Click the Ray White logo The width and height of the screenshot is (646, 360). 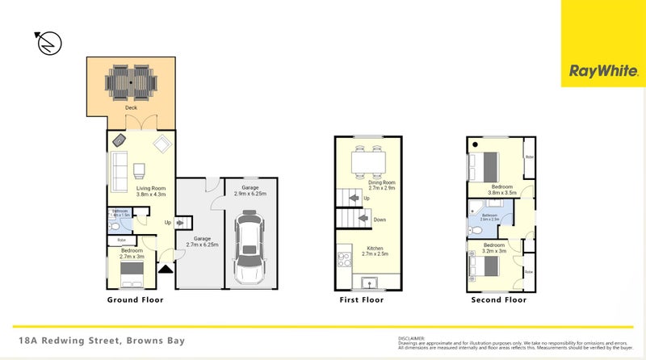point(604,71)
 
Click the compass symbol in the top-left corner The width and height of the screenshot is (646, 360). point(48,44)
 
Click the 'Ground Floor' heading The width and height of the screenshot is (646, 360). point(136,299)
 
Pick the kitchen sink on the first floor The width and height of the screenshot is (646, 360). point(371,283)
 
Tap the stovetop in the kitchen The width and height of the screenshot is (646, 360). point(342,262)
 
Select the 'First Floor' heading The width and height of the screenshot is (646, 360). point(361,299)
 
